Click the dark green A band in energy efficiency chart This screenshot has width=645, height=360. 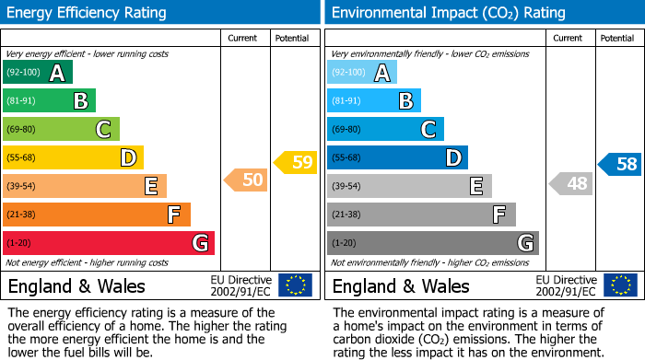[x=38, y=73]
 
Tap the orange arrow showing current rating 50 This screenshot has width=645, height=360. [x=247, y=180]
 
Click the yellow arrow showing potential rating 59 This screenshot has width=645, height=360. [x=296, y=163]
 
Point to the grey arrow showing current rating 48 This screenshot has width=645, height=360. [x=571, y=183]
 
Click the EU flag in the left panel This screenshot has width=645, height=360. [x=295, y=285]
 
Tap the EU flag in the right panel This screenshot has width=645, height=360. [x=619, y=285]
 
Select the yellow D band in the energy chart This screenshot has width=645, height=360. [x=73, y=157]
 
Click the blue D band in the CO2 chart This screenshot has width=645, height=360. [x=397, y=157]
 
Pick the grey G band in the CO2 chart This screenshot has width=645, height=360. [x=432, y=243]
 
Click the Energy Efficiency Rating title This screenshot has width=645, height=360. [x=88, y=13]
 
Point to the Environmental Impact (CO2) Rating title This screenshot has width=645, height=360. [x=449, y=13]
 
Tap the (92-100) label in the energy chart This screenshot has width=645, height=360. [x=23, y=73]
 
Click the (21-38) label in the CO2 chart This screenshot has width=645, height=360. [x=347, y=215]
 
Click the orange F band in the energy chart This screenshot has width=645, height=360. [x=97, y=215]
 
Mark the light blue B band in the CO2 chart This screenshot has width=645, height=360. [x=374, y=100]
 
